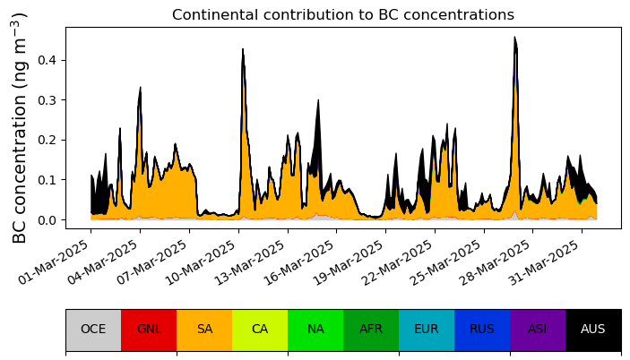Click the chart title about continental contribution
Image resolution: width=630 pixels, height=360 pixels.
click(x=342, y=15)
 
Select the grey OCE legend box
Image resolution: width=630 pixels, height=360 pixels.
click(x=93, y=330)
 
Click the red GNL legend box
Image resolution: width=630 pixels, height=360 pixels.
click(x=149, y=330)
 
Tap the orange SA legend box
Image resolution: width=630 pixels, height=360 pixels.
click(x=204, y=330)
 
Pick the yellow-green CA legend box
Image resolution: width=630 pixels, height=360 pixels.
click(x=260, y=330)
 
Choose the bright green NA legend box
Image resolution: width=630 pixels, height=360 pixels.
click(x=315, y=330)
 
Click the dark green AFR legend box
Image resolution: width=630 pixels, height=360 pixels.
click(x=371, y=330)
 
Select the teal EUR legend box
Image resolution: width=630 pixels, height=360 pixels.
click(x=427, y=330)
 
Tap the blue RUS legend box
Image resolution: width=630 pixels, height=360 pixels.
click(x=482, y=330)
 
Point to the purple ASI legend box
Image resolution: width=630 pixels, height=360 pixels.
click(x=538, y=330)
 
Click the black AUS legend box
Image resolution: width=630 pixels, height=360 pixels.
click(x=593, y=330)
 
